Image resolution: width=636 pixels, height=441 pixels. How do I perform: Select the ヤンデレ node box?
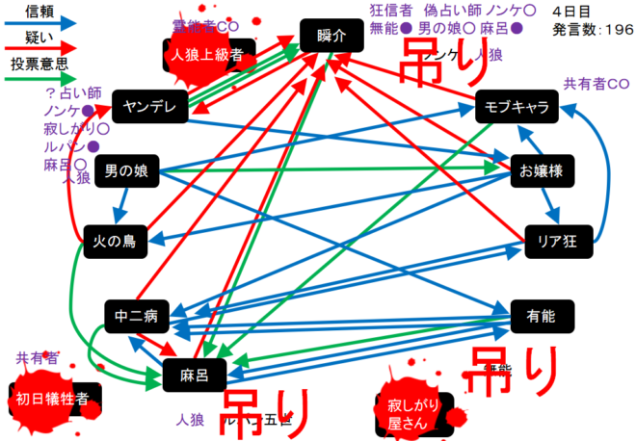point(149,106)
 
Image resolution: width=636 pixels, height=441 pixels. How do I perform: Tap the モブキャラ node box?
point(517,107)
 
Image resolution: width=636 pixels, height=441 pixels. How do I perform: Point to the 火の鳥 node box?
point(115,241)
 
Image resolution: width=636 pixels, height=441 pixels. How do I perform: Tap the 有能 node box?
point(539,314)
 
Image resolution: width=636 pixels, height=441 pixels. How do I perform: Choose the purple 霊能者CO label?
point(205,24)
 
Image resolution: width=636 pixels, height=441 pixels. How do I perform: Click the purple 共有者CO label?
point(597,84)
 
